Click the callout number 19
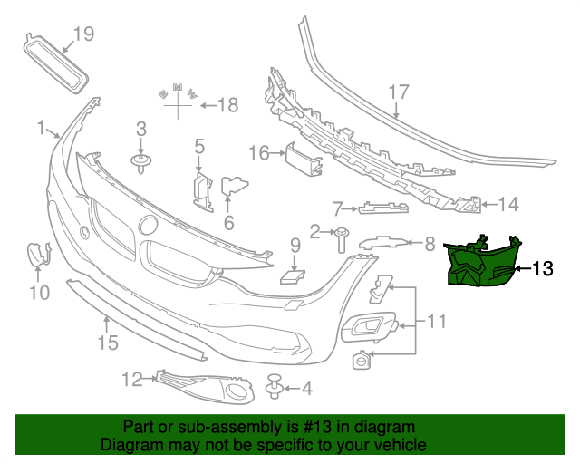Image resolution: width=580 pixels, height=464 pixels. (x=83, y=34)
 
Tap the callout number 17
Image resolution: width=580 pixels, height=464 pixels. (x=400, y=92)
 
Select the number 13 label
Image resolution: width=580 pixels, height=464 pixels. (x=542, y=268)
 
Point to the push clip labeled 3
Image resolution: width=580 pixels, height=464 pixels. (x=140, y=163)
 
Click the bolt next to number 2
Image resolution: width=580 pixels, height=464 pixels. (x=342, y=239)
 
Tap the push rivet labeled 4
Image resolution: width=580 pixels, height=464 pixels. (x=275, y=390)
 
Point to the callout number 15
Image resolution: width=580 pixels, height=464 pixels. (x=108, y=343)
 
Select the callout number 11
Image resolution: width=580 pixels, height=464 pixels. (x=438, y=320)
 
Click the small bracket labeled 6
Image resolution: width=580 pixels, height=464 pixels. (x=236, y=188)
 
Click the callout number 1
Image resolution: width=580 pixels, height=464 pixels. (x=40, y=128)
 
